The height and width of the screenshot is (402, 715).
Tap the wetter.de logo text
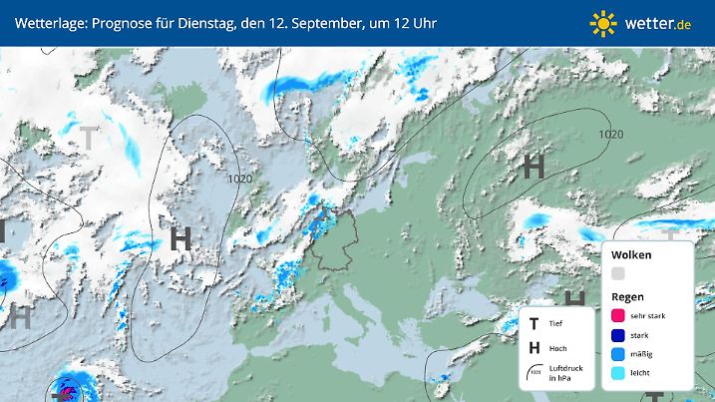pos(659,22)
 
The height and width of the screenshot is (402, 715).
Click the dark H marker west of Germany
pos(180,238)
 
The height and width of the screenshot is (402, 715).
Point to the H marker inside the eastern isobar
pos(534,167)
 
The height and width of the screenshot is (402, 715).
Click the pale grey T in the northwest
pos(90,138)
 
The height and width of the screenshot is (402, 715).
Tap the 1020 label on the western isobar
pos(239,179)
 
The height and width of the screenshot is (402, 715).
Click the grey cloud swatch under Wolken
pos(618,273)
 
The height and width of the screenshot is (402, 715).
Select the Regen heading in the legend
pos(627,296)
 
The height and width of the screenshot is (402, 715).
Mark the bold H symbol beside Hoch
pos(536,347)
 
